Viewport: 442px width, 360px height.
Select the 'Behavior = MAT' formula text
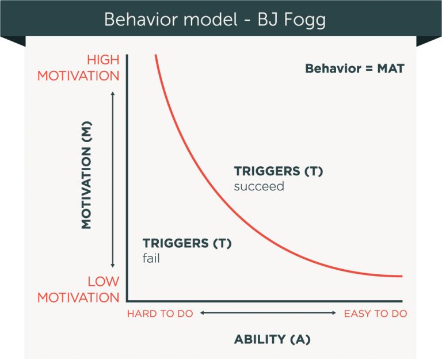[355, 69]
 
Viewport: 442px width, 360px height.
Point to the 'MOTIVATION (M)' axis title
[86, 179]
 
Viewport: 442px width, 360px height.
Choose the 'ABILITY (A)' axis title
[272, 339]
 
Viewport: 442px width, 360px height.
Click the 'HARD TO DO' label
[160, 313]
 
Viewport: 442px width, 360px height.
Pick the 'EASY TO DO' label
[375, 313]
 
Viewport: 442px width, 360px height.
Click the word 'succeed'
[259, 186]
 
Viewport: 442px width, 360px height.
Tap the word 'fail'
[151, 259]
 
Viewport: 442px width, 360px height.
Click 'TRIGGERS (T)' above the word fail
[186, 243]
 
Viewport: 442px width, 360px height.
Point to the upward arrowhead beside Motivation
[113, 91]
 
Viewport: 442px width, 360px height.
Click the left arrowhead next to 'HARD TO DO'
[202, 313]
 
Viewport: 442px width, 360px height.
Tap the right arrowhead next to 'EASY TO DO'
[334, 313]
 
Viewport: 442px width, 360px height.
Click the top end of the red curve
[155, 56]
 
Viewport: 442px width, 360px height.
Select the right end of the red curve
[401, 277]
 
